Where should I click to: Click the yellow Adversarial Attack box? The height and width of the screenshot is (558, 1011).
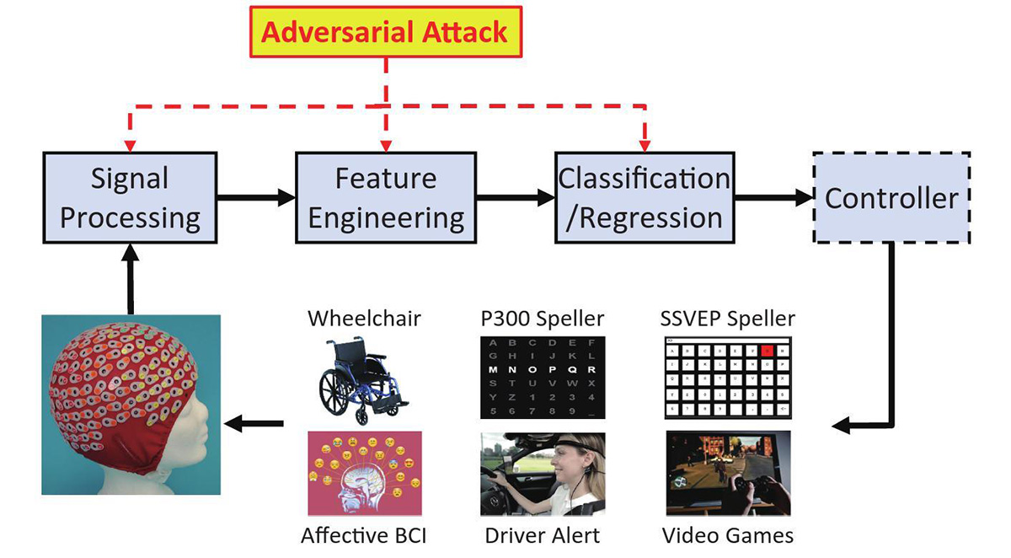pos(386,32)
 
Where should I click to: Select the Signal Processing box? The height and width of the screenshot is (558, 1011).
pos(130,199)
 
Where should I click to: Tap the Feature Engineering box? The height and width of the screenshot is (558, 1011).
pos(386,199)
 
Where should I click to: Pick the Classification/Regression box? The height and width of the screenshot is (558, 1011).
pos(645,199)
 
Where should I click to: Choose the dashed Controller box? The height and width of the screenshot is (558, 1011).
pos(891,198)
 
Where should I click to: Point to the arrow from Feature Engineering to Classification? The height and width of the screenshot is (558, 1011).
pos(514,199)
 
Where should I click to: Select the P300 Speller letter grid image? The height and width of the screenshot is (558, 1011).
pos(543,377)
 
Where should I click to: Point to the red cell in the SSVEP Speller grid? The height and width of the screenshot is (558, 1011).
pos(766,350)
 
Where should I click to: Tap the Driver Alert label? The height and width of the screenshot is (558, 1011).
pos(542,535)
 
